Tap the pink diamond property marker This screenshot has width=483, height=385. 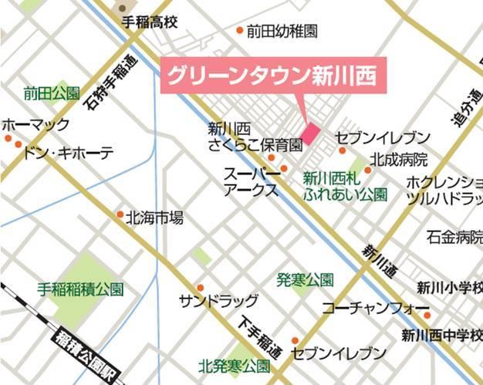(x=310, y=133)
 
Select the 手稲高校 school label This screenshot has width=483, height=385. (x=150, y=22)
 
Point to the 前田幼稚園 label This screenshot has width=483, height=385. (x=282, y=32)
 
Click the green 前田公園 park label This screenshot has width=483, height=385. (x=52, y=93)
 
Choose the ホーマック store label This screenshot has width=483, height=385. (x=35, y=124)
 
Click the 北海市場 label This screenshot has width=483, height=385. (x=154, y=218)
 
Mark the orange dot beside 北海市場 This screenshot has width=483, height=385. (x=120, y=214)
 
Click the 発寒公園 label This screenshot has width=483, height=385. (x=306, y=279)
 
